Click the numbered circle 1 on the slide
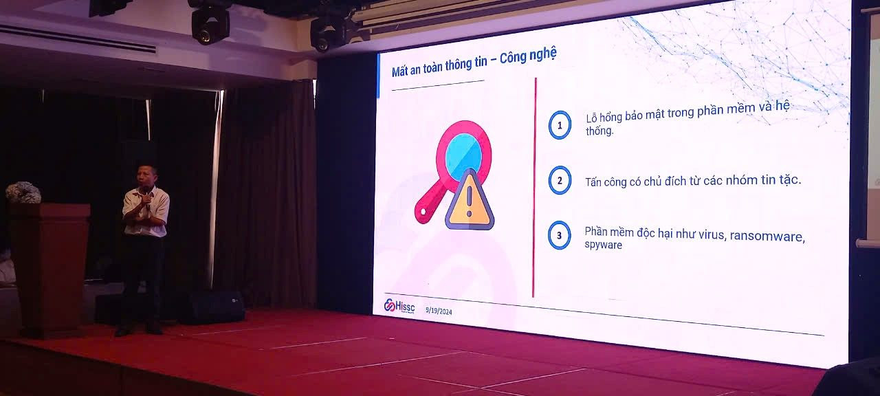pos(560,125)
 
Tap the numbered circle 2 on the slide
pos(560,180)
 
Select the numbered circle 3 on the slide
pos(560,235)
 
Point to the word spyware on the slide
pos(604,245)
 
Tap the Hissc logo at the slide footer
pos(399,306)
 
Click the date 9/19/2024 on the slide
pos(439,311)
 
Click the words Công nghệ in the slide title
pos(527,56)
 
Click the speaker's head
pos(146,177)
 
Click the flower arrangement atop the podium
pos(23,192)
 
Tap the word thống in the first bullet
pos(599,131)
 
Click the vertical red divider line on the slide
pos(534,188)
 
